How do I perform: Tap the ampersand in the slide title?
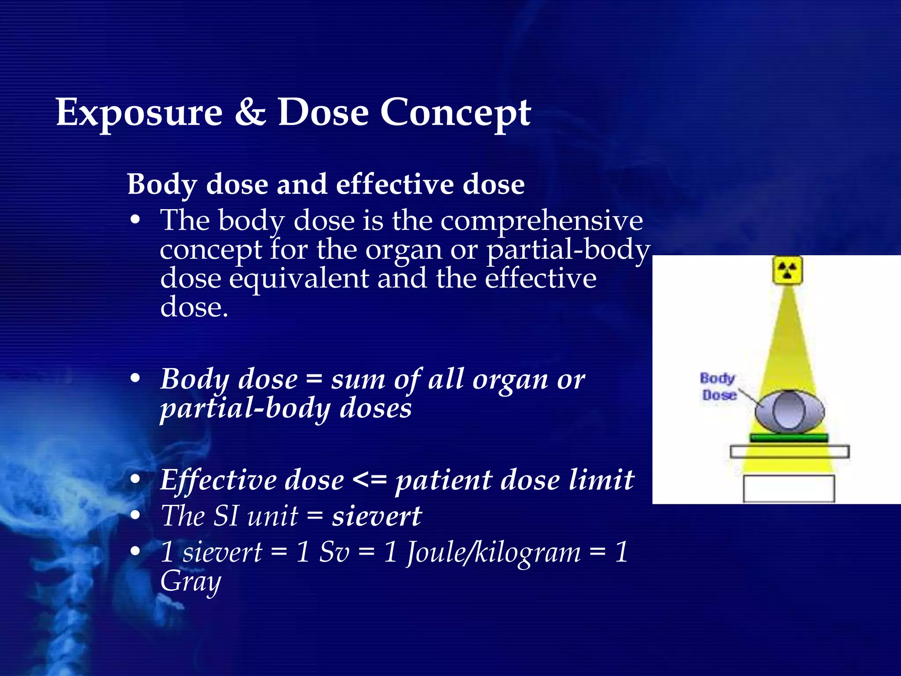coord(250,113)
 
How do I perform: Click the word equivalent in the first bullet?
coord(299,279)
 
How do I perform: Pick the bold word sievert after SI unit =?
coord(377,516)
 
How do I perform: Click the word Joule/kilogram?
coord(493,552)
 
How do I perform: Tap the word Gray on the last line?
coord(190,582)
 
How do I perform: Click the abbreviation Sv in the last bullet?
coord(334,552)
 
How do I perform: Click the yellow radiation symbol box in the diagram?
coord(787,270)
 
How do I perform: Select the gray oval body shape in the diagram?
coord(789,412)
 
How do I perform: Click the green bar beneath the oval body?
coord(788,437)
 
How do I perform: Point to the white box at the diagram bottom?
coord(788,489)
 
